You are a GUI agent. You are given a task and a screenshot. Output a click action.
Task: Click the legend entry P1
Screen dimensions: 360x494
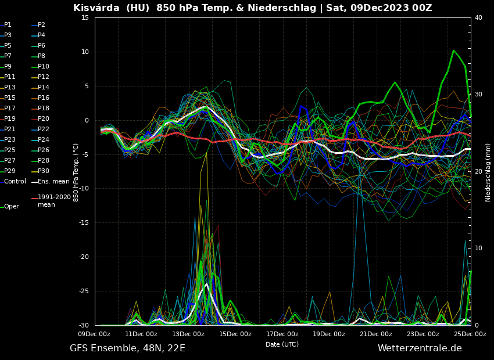8,25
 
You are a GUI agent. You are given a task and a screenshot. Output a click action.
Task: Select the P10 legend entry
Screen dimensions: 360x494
43,67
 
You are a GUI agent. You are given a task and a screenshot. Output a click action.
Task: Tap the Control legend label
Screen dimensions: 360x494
15,182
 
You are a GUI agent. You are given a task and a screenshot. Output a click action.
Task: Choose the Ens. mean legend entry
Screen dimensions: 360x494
53,182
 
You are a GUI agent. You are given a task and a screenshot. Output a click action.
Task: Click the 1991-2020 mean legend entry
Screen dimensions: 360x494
54,201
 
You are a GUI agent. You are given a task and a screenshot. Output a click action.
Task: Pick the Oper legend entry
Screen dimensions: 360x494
12,207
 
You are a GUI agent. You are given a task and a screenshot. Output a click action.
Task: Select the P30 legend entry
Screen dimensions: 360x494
43,171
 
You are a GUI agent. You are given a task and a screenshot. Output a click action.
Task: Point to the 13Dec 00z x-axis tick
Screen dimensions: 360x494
188,334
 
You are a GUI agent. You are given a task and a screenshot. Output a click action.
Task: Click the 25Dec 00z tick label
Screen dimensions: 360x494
470,334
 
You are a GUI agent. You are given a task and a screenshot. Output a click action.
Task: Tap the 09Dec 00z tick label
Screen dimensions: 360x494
94,334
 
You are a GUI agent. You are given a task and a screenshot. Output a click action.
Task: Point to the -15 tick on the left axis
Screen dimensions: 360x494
84,223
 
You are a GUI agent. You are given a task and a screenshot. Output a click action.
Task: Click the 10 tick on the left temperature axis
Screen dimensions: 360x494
85,52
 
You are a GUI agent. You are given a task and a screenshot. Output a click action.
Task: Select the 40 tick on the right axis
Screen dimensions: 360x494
478,18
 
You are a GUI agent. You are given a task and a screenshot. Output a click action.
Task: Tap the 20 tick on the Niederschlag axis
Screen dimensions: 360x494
478,172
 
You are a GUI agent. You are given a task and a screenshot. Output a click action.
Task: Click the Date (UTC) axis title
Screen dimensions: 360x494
282,344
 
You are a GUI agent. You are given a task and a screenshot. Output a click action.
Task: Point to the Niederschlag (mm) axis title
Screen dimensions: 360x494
488,172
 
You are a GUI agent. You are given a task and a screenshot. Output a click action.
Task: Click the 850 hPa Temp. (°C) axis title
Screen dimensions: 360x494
76,172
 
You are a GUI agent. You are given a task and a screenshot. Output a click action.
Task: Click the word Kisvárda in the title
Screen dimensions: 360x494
95,8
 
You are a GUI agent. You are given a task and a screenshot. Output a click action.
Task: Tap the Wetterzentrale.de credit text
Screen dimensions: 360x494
420,348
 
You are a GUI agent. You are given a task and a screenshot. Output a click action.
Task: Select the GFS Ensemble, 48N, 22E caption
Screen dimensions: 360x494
127,348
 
